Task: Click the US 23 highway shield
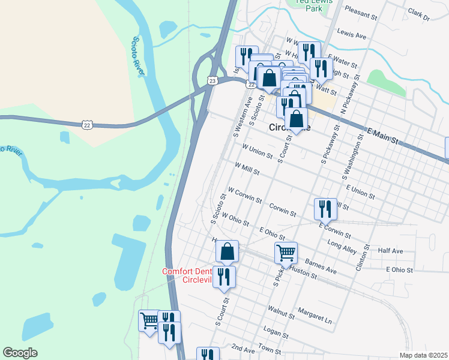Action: pos(212,80)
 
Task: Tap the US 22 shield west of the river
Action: pos(87,124)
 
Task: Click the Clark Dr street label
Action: pos(418,14)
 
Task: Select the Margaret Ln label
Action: pos(315,316)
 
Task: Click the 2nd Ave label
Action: pos(243,349)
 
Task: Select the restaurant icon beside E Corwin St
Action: pos(325,208)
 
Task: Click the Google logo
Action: pos(20,353)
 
